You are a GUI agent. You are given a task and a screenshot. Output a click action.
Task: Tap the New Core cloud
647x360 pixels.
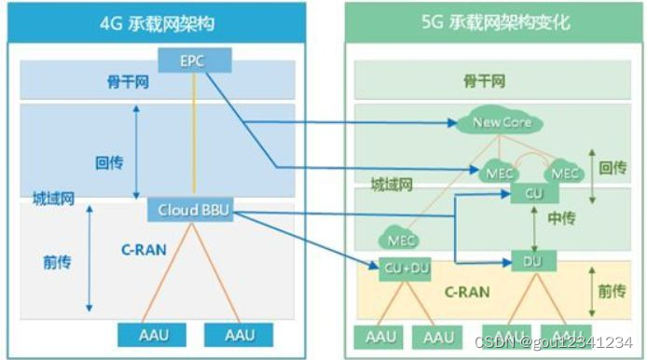click(x=495, y=123)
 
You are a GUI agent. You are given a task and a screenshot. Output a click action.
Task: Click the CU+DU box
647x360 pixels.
click(x=406, y=269)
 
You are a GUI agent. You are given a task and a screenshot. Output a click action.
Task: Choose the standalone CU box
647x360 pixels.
click(x=532, y=192)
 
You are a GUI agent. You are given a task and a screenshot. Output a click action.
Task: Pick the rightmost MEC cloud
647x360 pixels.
click(x=564, y=173)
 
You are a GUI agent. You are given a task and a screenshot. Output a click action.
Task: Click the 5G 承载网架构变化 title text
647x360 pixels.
click(x=493, y=21)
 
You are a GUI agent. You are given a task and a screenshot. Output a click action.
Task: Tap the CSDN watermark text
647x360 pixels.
click(x=556, y=342)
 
